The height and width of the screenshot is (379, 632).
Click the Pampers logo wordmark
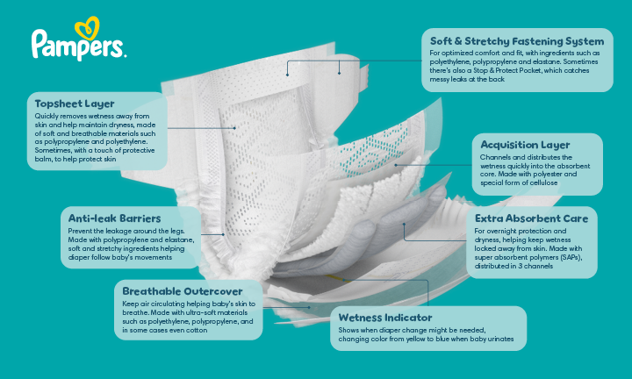[77, 45]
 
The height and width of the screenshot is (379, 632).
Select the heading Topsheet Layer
[70, 104]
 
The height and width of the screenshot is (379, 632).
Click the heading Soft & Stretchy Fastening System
[516, 41]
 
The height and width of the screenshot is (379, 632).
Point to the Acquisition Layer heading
[524, 145]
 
